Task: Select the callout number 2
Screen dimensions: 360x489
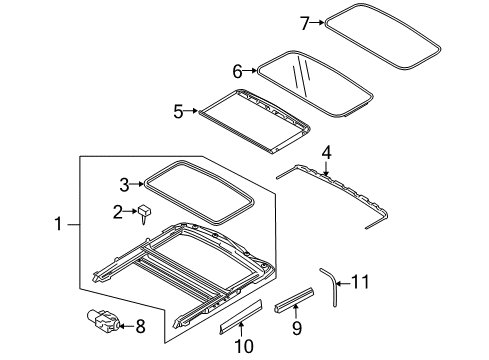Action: coord(118,211)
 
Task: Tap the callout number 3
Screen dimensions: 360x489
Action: coord(124,183)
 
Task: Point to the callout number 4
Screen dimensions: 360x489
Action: coord(325,153)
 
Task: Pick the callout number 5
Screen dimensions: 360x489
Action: coord(178,111)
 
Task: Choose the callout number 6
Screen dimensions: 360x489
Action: coord(237,71)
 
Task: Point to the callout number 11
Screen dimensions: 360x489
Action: coord(360,282)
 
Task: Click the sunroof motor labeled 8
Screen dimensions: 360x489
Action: coord(103,320)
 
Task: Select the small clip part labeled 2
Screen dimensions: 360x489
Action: coord(145,212)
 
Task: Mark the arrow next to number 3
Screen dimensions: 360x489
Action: coord(139,183)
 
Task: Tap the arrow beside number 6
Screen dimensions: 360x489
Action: coord(252,71)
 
